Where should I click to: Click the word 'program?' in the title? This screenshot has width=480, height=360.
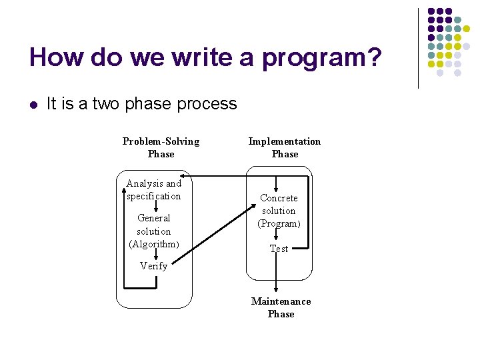pos(323,59)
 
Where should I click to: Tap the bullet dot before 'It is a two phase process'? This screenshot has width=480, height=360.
pos(33,104)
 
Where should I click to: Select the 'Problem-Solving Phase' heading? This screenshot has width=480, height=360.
pos(161,147)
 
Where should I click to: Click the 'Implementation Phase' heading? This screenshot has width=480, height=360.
pos(285,147)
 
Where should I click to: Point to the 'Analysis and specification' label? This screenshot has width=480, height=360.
pos(154,189)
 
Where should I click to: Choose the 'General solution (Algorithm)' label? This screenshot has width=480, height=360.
pos(154,231)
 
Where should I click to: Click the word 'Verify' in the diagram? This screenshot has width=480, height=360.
pos(154,265)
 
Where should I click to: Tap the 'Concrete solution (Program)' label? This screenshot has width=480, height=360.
pos(279,211)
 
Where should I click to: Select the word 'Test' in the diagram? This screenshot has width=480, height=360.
pos(279,249)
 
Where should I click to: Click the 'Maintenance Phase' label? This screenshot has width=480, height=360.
pos(281,307)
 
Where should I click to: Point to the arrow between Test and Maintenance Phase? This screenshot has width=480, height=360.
pos(276,275)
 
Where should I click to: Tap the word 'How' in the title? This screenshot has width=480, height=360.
pos(55,57)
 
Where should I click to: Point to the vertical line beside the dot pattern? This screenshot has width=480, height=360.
pos(418,48)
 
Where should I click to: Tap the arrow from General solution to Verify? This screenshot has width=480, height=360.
pos(155,255)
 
